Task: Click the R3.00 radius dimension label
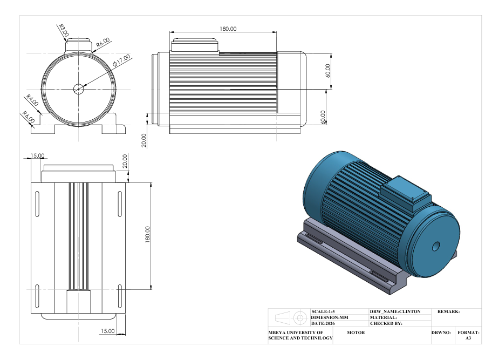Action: coord(64,31)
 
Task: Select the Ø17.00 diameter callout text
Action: coord(121,60)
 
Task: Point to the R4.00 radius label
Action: coord(32,100)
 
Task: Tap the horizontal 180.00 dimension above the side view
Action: coord(228,29)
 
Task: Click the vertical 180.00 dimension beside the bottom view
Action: coord(147,234)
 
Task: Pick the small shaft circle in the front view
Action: coord(78,89)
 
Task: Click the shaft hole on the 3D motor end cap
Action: coord(436,246)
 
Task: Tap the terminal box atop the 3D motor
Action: coord(405,193)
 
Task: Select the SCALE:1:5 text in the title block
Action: coord(323,311)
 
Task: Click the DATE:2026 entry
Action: coord(323,323)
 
